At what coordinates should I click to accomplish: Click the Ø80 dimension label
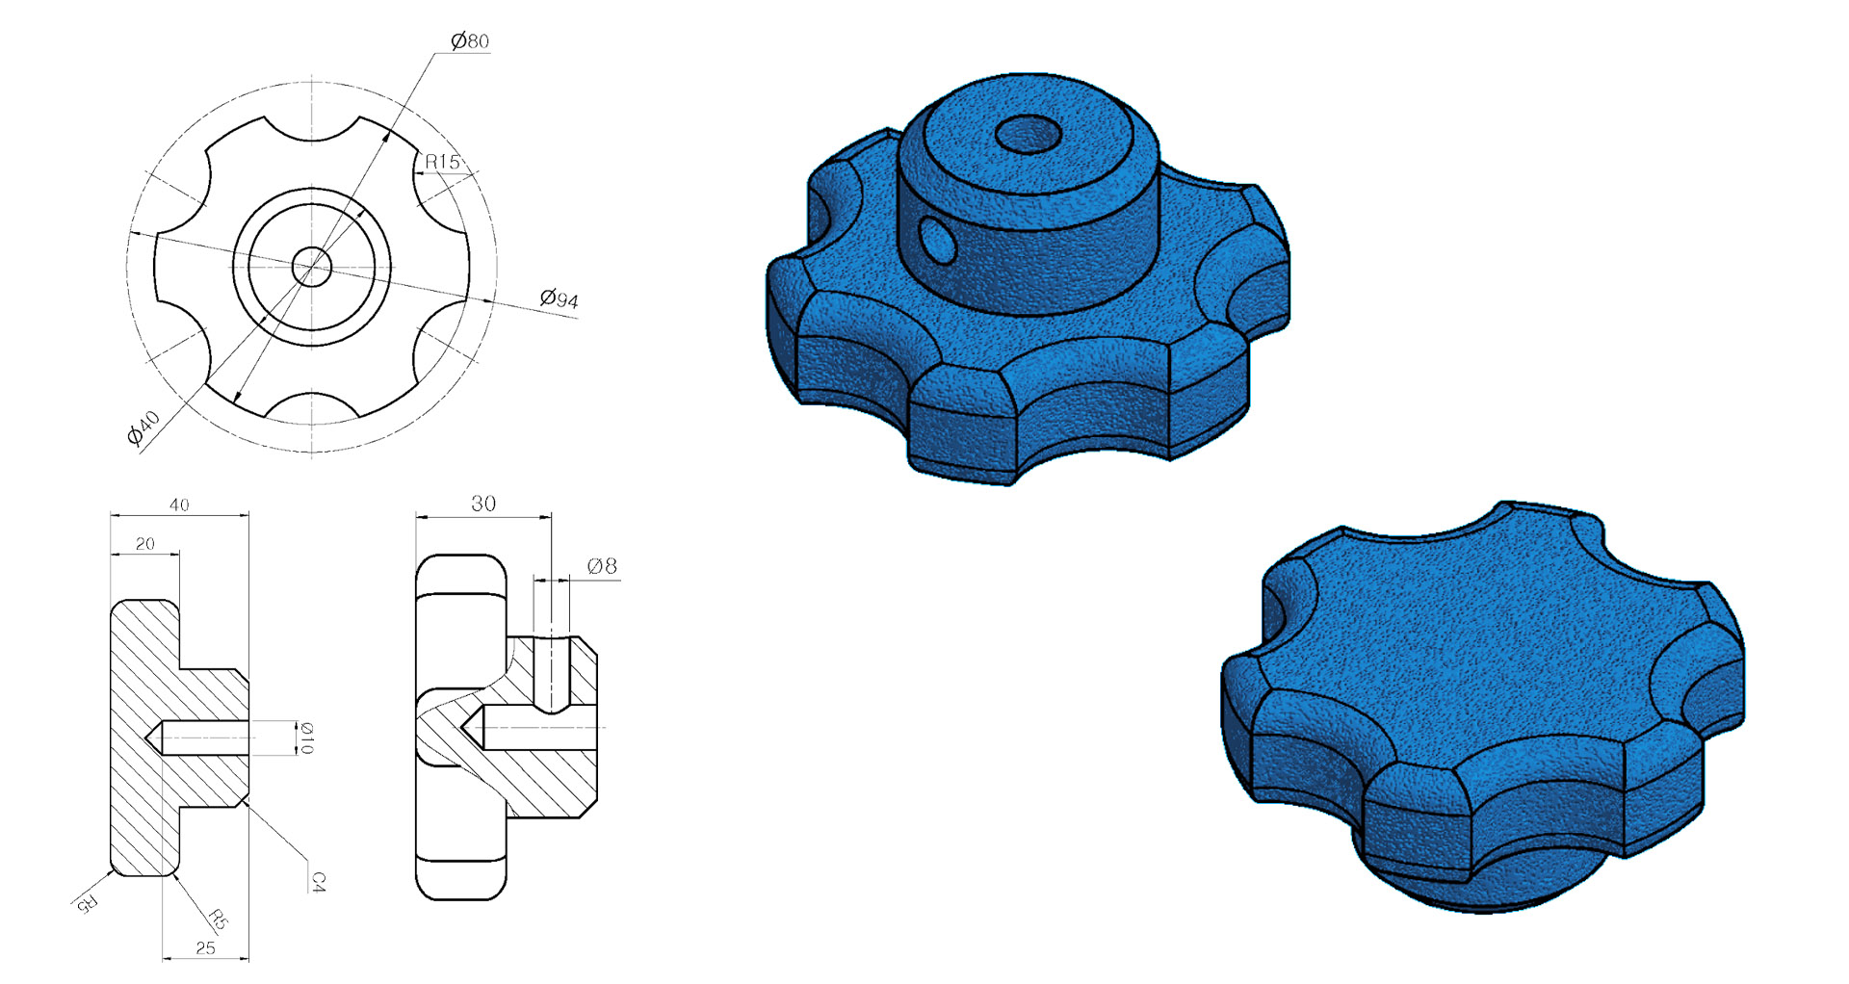[470, 40]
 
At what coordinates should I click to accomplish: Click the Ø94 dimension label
[559, 298]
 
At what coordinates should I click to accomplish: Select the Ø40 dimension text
[143, 427]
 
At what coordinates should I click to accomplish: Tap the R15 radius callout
[443, 162]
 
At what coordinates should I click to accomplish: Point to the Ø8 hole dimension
[602, 566]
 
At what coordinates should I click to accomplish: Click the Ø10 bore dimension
[305, 738]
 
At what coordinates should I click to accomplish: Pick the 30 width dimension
[483, 504]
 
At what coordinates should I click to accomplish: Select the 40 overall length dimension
[179, 505]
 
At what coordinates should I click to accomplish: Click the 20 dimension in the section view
[144, 544]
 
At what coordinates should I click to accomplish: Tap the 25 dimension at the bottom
[205, 948]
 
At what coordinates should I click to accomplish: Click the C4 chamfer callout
[318, 881]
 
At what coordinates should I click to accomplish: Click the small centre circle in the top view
[311, 266]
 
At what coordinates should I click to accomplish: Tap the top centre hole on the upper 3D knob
[1028, 135]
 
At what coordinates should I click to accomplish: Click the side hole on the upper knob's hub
[937, 240]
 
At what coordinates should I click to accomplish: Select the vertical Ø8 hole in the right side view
[551, 674]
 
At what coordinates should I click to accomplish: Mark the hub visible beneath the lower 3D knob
[1483, 891]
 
